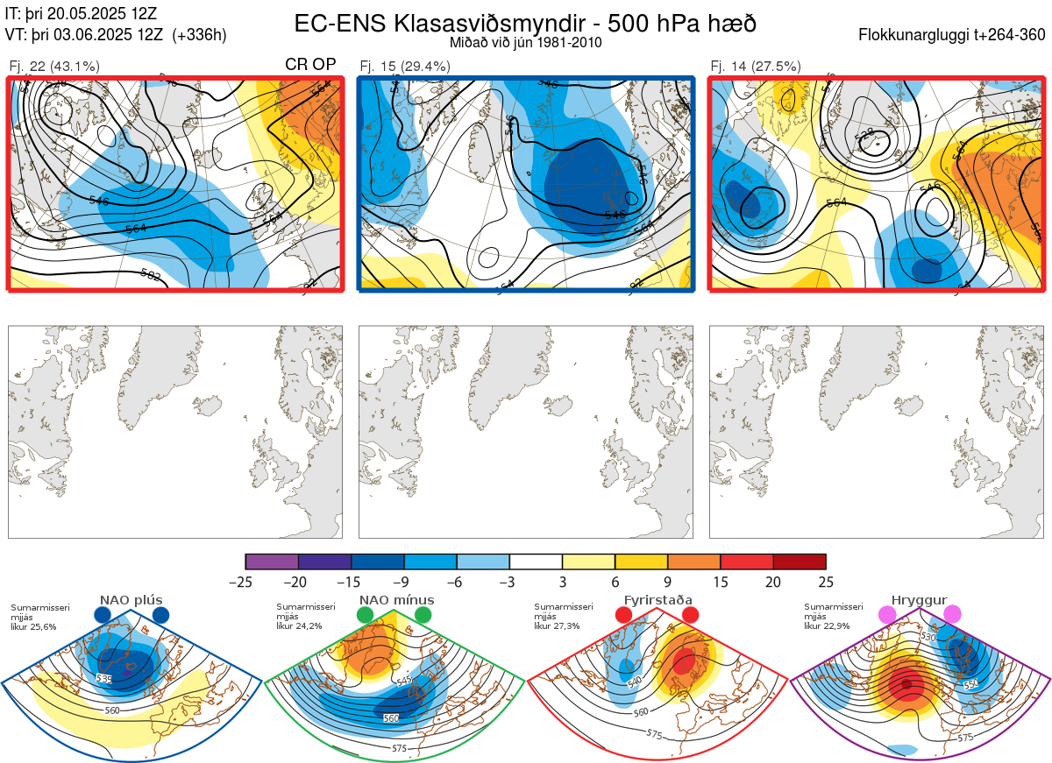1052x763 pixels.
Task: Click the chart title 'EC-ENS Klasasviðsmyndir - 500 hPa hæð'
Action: (x=525, y=23)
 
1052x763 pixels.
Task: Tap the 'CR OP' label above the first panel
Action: (x=311, y=65)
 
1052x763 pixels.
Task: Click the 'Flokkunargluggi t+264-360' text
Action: (x=954, y=35)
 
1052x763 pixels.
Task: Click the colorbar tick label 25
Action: (x=826, y=581)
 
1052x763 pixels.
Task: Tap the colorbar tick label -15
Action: (x=352, y=581)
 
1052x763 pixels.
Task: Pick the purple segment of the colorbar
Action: (x=272, y=562)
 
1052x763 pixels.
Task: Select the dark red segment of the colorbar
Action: (x=800, y=562)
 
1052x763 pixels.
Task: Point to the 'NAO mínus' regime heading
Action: (x=396, y=601)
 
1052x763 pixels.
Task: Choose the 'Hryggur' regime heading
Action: (x=920, y=601)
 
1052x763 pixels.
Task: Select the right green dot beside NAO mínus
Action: (x=423, y=615)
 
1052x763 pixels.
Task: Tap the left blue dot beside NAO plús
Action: (x=103, y=615)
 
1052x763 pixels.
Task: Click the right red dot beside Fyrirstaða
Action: (x=690, y=615)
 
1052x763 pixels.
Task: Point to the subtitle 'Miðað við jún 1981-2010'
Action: (x=525, y=42)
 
